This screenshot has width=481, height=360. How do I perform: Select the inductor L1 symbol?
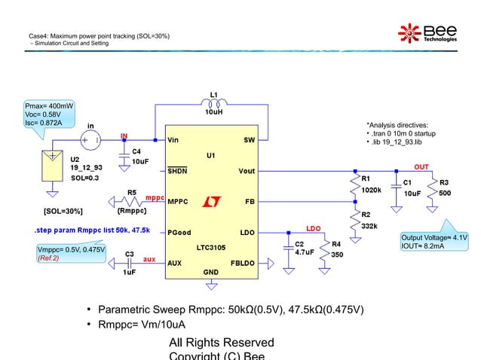pos(214,104)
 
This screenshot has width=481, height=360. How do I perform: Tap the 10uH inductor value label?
pos(214,112)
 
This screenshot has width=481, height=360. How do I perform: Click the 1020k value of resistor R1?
pos(372,190)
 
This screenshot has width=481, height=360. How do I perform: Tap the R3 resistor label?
pos(444,182)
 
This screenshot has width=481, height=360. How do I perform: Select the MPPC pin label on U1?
pos(177,202)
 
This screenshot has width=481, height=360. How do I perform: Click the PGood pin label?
pos(179,233)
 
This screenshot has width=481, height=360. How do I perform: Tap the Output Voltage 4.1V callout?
pos(446,241)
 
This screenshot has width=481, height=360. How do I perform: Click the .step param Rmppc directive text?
pos(91,230)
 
